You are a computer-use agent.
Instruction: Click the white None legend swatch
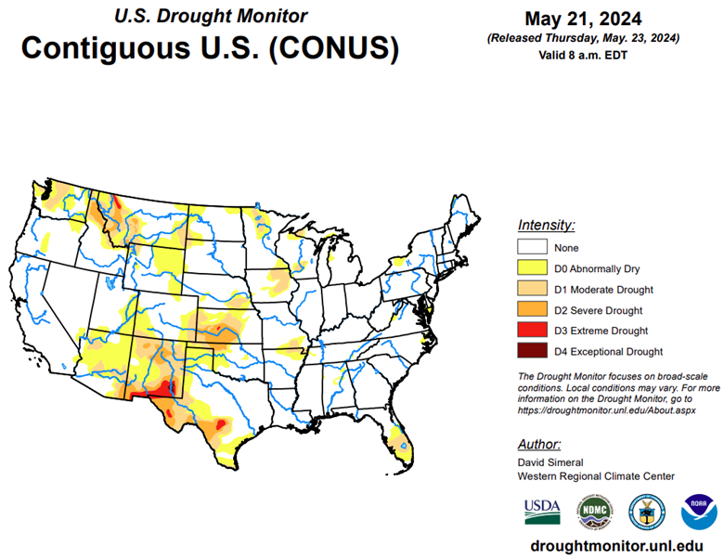(531, 248)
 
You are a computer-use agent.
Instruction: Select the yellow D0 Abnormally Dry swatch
(531, 268)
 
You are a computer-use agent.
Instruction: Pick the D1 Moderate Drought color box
(531, 289)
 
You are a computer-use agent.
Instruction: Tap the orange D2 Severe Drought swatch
(531, 309)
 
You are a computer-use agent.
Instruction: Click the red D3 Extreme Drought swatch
(531, 330)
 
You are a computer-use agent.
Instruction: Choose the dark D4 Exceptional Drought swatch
(531, 351)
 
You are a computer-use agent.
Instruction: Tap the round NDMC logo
(595, 510)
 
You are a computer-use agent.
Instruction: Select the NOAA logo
(698, 510)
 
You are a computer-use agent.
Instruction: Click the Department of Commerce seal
(646, 510)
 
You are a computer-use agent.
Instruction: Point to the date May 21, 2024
(583, 19)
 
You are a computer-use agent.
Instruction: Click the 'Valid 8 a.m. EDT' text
(583, 55)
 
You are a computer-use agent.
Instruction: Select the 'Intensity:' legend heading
(546, 225)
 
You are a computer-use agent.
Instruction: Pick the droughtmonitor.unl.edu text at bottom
(615, 545)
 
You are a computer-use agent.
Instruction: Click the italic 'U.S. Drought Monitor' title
(211, 16)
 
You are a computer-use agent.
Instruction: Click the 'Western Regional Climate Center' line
(596, 475)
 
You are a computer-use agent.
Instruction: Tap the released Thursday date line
(583, 38)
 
